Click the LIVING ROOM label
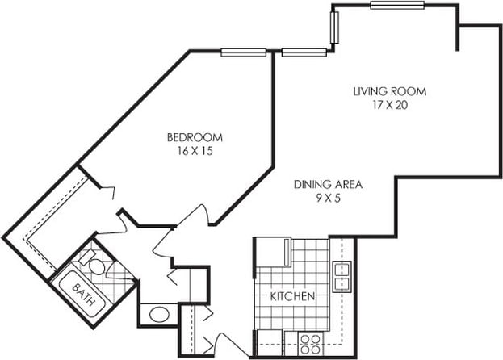388,90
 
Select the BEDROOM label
195,137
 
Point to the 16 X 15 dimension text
195,151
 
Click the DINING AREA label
327,184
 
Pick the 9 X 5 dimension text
327,198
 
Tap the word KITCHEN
291,297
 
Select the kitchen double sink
342,276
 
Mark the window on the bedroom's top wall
244,52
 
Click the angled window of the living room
336,28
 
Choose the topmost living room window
397,6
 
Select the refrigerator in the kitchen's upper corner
272,251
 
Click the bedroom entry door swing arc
196,216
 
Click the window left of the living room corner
304,53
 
